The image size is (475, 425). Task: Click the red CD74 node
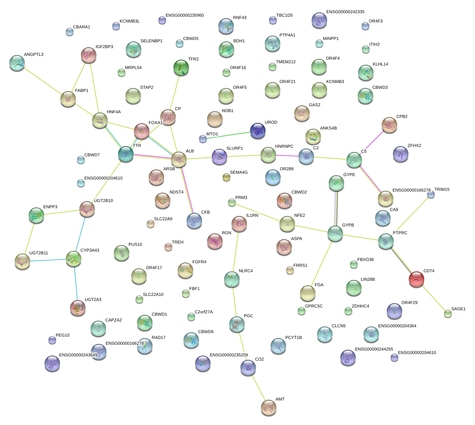pyautogui.click(x=417, y=279)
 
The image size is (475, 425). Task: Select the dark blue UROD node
pyautogui.click(x=258, y=131)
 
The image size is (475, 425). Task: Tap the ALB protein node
pyautogui.click(x=178, y=159)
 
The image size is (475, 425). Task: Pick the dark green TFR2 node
pyautogui.click(x=181, y=68)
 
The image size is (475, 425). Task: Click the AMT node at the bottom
pyautogui.click(x=269, y=407)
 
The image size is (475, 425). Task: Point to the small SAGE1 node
pyautogui.click(x=448, y=314)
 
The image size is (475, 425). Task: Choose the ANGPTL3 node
pyautogui.click(x=17, y=63)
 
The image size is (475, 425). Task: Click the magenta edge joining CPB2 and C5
pyautogui.click(x=372, y=142)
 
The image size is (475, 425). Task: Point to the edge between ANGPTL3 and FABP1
pyautogui.click(x=43, y=81)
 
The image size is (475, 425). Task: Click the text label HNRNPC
pyautogui.click(x=284, y=147)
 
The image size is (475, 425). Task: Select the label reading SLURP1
pyautogui.click(x=235, y=149)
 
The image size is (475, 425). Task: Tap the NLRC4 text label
pyautogui.click(x=245, y=271)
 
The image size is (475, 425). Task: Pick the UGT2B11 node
pyautogui.click(x=22, y=262)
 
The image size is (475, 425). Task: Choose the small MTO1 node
pyautogui.click(x=203, y=138)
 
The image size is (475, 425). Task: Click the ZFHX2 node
pyautogui.click(x=400, y=154)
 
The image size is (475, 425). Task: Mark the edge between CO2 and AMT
pyautogui.click(x=258, y=387)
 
